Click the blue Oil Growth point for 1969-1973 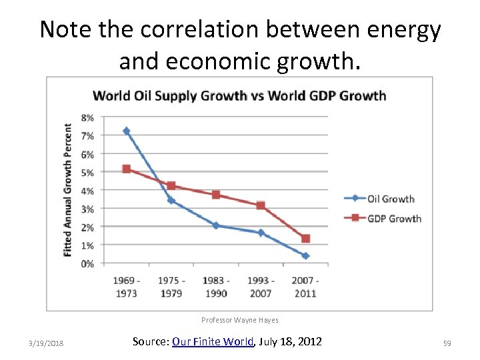(x=126, y=131)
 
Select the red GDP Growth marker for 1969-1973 (x=126, y=169)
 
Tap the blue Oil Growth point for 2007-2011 (x=305, y=255)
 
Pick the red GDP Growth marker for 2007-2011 (x=305, y=238)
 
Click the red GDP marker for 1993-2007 (x=261, y=205)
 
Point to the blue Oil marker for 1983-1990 (x=216, y=225)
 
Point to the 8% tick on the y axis (x=87, y=117)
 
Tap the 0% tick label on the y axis (x=87, y=264)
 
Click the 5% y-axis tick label (x=87, y=172)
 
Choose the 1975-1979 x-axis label (x=171, y=287)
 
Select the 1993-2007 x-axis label (x=261, y=287)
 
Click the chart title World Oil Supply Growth (x=239, y=95)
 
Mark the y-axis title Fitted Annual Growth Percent (x=67, y=190)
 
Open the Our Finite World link (x=213, y=341)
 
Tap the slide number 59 (x=447, y=343)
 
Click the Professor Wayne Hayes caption (x=239, y=321)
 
